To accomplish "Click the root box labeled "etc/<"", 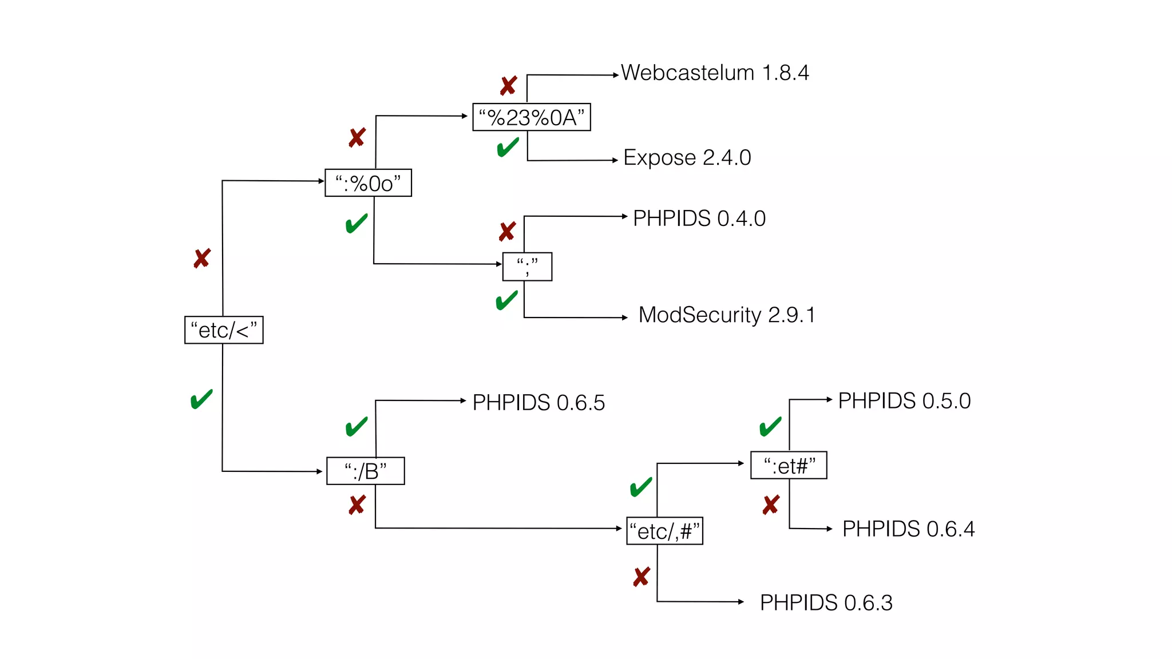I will (x=224, y=330).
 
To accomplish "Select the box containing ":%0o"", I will (x=368, y=183).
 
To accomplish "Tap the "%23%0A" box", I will (x=531, y=117).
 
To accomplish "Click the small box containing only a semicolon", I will (x=527, y=267).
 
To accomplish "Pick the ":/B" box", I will (x=365, y=471).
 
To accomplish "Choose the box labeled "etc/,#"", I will (x=664, y=531).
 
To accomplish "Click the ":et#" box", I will (x=789, y=465).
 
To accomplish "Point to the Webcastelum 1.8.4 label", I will (x=715, y=73).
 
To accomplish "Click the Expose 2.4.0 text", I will (x=687, y=157).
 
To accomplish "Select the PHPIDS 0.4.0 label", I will (x=699, y=219).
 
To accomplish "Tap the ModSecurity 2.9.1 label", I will (x=727, y=315).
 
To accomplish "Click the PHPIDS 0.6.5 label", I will (x=539, y=403).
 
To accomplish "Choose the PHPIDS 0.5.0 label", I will (x=904, y=401).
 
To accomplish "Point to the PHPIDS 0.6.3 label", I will (x=826, y=603).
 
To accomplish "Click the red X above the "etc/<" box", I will (x=202, y=259).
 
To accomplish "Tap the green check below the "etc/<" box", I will (x=201, y=399).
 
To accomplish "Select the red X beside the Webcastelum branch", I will (x=508, y=86).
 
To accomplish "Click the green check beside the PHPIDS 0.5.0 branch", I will (x=770, y=426).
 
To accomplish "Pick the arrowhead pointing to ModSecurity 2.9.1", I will (x=625, y=317).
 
